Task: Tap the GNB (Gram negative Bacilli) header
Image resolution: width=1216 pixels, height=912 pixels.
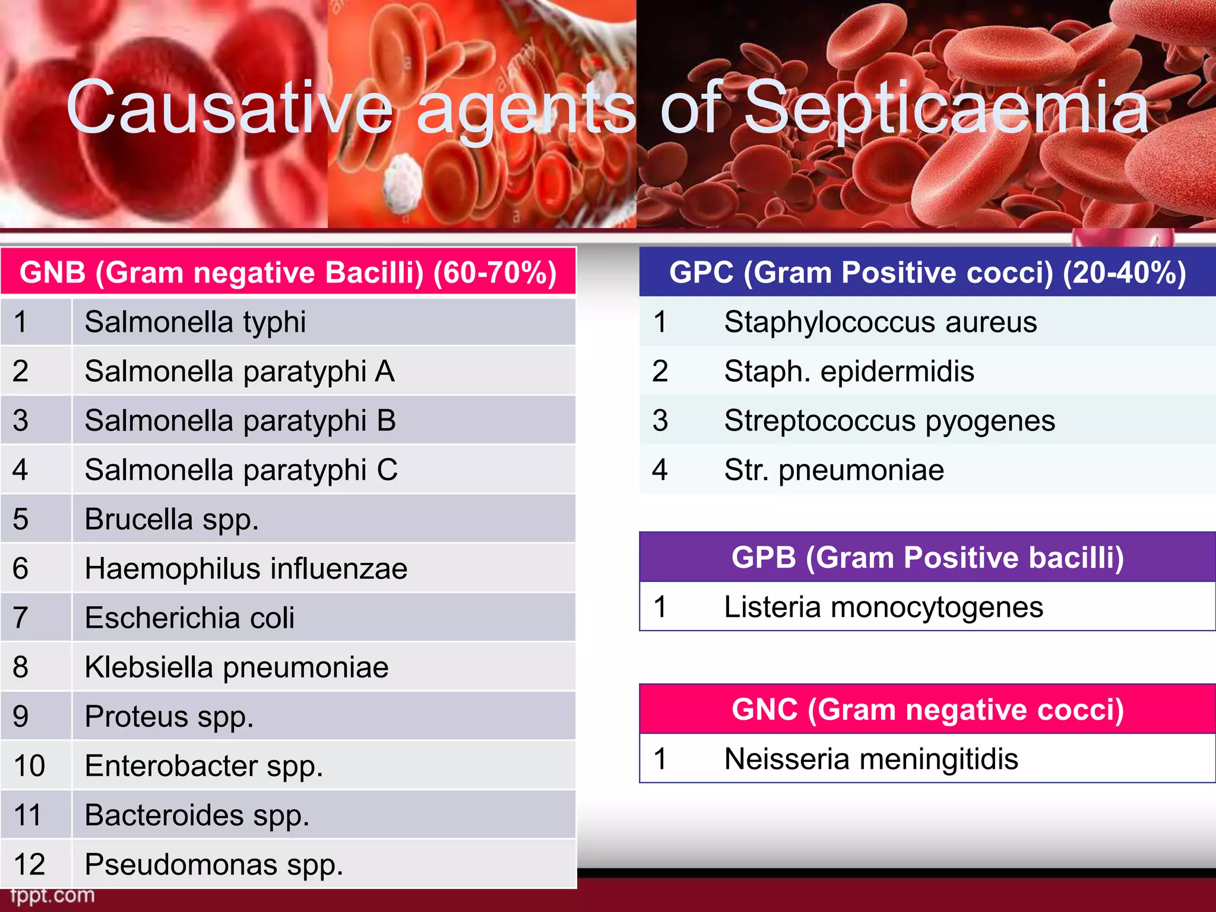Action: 288,273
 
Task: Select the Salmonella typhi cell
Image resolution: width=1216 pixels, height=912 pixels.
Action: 195,322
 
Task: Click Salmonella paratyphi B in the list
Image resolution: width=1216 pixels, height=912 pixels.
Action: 240,420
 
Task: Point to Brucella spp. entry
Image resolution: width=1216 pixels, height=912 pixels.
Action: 172,519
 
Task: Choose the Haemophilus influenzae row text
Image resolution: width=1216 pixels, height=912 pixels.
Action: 246,568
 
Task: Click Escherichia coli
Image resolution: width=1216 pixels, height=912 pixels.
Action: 189,617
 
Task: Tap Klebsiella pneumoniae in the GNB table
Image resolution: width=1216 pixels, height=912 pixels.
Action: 236,667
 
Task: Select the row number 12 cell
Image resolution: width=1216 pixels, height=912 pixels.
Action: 30,864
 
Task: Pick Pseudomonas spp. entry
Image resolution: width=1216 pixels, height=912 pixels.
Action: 214,864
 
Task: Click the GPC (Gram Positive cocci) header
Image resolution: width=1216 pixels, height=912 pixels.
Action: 927,273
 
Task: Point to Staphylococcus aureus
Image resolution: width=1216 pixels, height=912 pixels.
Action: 881,322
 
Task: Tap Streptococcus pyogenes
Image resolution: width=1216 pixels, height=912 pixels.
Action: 889,420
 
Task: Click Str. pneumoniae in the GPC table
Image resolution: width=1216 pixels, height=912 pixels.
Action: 834,470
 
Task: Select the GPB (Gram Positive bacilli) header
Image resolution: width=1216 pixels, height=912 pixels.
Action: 927,557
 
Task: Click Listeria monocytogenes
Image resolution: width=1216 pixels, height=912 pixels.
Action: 883,607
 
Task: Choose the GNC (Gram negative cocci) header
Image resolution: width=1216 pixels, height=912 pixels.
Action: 927,709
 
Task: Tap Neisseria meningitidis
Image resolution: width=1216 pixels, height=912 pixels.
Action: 871,759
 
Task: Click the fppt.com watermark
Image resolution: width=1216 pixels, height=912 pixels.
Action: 52,895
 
